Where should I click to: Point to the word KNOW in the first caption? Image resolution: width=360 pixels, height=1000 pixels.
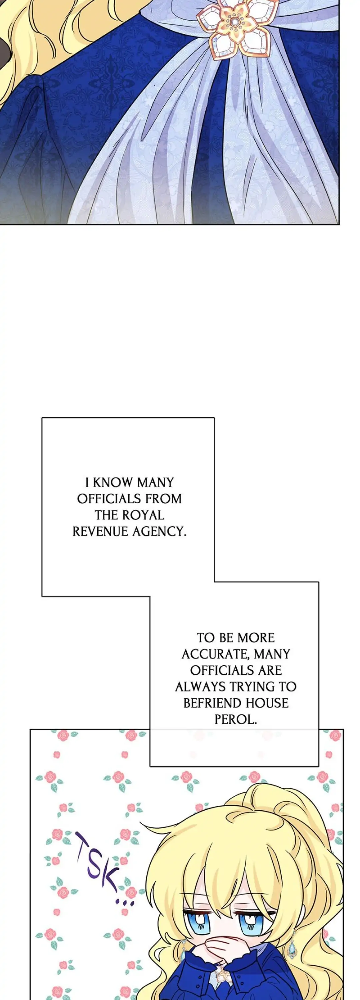click(113, 483)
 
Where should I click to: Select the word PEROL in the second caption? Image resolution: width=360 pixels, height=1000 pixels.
click(236, 719)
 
